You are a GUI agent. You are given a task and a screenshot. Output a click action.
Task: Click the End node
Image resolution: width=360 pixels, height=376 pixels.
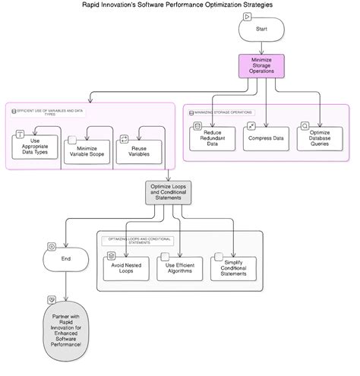[x=66, y=258]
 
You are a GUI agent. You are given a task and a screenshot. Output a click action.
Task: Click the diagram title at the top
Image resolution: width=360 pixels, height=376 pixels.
[x=178, y=5]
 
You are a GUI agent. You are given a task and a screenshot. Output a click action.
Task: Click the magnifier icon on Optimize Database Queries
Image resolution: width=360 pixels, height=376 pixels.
[x=305, y=125]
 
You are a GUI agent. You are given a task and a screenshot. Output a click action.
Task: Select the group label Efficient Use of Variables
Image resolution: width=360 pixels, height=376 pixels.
[x=49, y=112]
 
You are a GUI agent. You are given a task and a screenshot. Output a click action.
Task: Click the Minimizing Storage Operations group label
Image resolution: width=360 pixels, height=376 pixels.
[x=224, y=112]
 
